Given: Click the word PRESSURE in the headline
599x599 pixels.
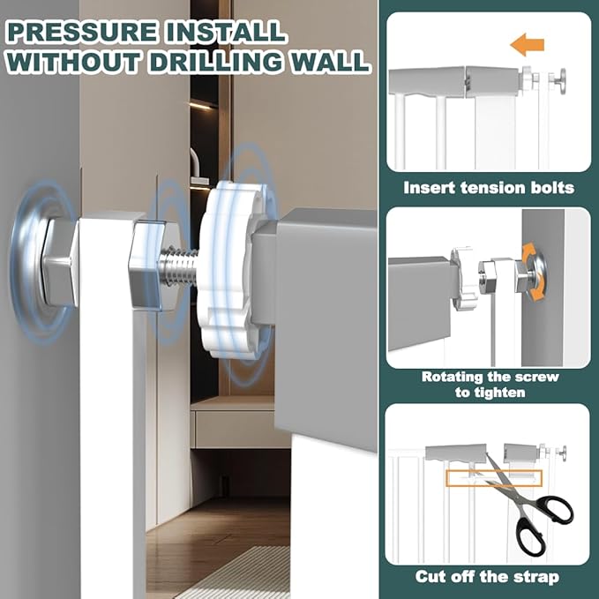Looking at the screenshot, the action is pyautogui.click(x=82, y=32).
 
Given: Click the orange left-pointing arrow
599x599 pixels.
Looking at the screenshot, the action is pyautogui.click(x=528, y=45).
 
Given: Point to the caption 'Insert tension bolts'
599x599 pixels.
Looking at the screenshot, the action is pyautogui.click(x=489, y=188).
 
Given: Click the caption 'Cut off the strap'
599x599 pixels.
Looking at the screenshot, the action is pyautogui.click(x=487, y=577).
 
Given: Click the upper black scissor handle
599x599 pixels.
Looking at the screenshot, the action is pyautogui.click(x=554, y=510).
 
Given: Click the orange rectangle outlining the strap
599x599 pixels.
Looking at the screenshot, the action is pyautogui.click(x=494, y=478).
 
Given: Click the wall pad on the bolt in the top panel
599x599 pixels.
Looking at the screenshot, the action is pyautogui.click(x=563, y=80).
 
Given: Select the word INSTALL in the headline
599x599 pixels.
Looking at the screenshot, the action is pyautogui.click(x=225, y=32).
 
